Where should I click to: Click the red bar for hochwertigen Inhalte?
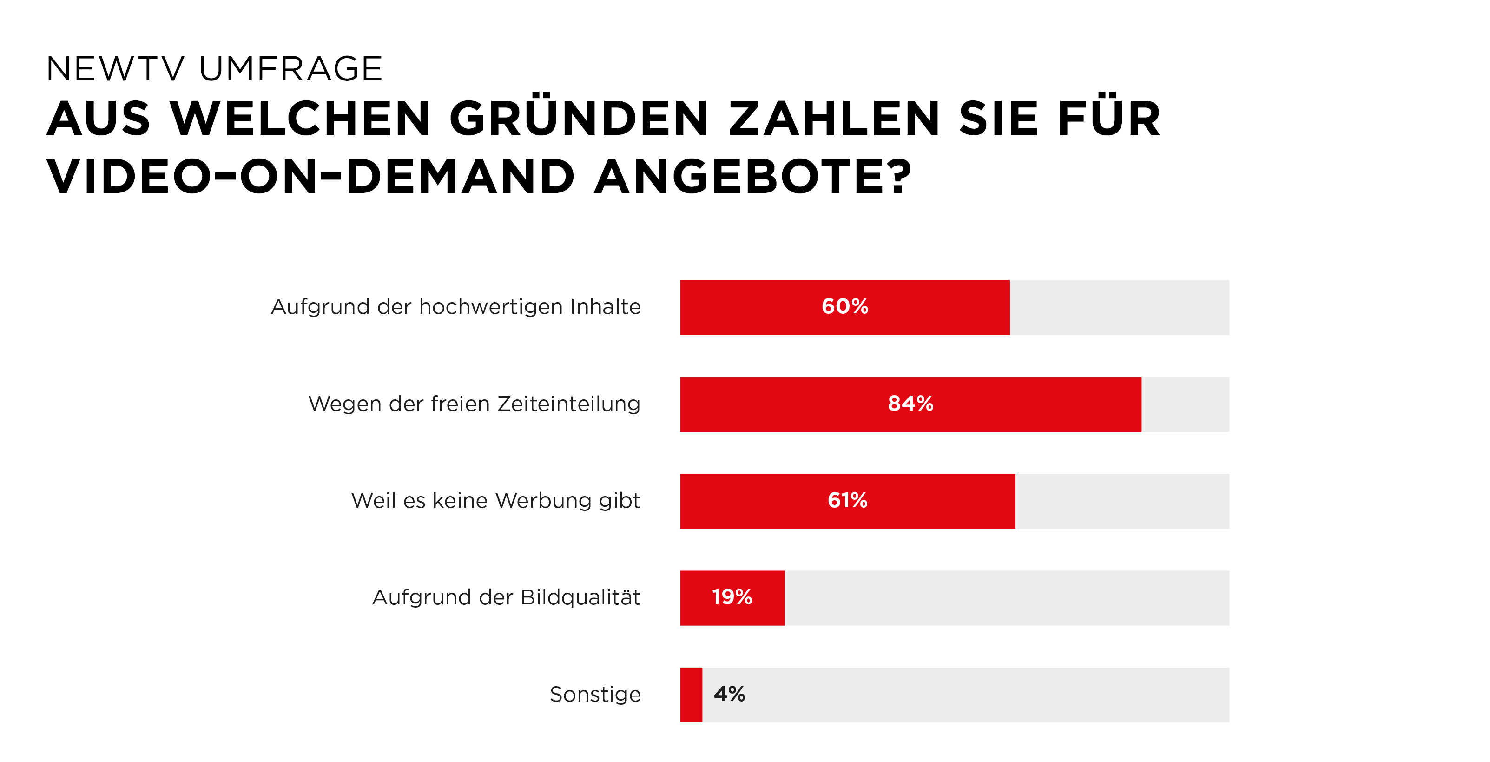pyautogui.click(x=752, y=307)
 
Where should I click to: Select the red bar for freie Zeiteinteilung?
pyautogui.click(x=781, y=404)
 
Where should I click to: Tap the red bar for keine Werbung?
pyautogui.click(x=752, y=501)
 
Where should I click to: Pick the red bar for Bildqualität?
pyautogui.click(x=694, y=598)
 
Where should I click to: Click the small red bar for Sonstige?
pyautogui.click(x=691, y=695)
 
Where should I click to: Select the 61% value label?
pyautogui.click(x=847, y=500)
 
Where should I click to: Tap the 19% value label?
pyautogui.click(x=732, y=597)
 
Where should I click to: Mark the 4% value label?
pyautogui.click(x=729, y=694)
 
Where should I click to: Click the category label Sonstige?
pyautogui.click(x=595, y=694)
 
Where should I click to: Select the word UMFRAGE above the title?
pyautogui.click(x=290, y=69)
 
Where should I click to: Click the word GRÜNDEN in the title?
pyautogui.click(x=579, y=118)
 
